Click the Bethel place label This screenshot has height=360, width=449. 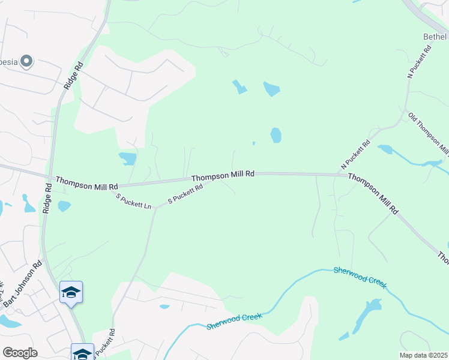click(435, 37)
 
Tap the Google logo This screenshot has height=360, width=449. click(20, 352)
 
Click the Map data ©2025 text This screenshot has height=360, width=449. click(423, 355)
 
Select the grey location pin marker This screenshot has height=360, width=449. click(26, 61)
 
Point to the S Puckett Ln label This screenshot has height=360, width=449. click(134, 201)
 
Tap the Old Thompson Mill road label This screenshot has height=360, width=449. click(428, 133)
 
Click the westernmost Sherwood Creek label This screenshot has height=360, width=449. click(235, 321)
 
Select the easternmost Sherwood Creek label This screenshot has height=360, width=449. click(360, 278)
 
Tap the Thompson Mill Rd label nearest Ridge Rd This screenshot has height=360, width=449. click(86, 183)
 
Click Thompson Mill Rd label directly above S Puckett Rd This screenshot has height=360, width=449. click(223, 175)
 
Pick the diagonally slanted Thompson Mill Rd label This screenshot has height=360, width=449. click(373, 194)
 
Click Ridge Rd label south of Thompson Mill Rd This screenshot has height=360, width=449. click(47, 199)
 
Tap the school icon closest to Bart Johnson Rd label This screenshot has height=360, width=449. click(71, 292)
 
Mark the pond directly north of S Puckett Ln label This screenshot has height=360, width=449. click(128, 158)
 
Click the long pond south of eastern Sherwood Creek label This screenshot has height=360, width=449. click(367, 315)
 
